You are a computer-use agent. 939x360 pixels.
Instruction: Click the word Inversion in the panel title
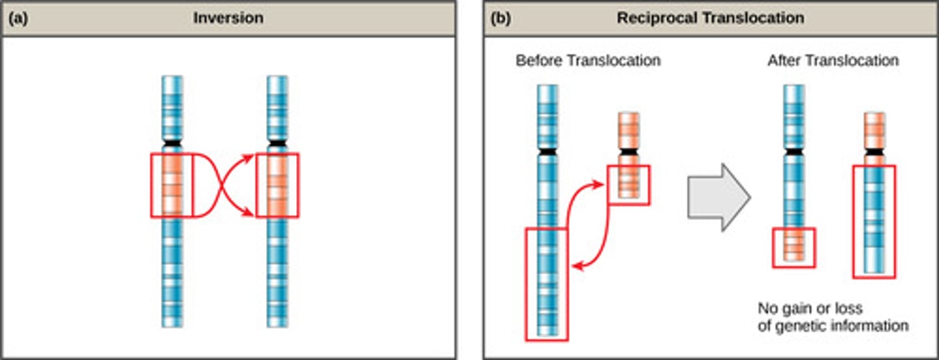click(228, 18)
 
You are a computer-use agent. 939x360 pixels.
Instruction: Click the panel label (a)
click(18, 18)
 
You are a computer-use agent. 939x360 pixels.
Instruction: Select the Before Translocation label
click(588, 61)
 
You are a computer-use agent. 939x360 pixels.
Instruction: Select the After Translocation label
click(833, 61)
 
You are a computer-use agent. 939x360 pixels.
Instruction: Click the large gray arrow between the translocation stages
click(718, 196)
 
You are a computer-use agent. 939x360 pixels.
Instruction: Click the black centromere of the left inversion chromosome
click(172, 143)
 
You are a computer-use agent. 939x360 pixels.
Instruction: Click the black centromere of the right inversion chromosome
click(277, 143)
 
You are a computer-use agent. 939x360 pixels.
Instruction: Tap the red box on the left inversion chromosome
click(172, 185)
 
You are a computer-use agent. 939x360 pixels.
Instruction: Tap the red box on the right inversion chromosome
click(277, 185)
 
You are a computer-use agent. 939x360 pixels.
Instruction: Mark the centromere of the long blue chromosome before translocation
click(548, 151)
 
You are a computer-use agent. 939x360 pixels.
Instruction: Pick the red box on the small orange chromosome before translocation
click(629, 185)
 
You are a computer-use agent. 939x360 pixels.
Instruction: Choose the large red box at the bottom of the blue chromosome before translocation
click(546, 284)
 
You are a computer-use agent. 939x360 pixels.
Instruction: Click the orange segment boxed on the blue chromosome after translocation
click(794, 247)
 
